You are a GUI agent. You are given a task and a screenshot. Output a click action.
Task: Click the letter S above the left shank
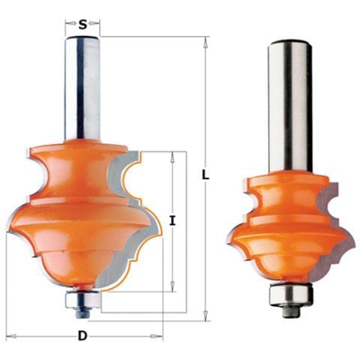pyautogui.click(x=83, y=25)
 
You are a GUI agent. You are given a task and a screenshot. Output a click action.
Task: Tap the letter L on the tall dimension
pyautogui.click(x=206, y=177)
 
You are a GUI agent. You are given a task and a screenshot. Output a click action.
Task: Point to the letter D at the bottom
pyautogui.click(x=82, y=337)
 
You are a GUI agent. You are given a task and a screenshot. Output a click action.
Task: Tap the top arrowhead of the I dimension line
pyautogui.click(x=172, y=156)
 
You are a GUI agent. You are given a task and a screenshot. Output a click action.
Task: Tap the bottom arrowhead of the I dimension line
pyautogui.click(x=172, y=289)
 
